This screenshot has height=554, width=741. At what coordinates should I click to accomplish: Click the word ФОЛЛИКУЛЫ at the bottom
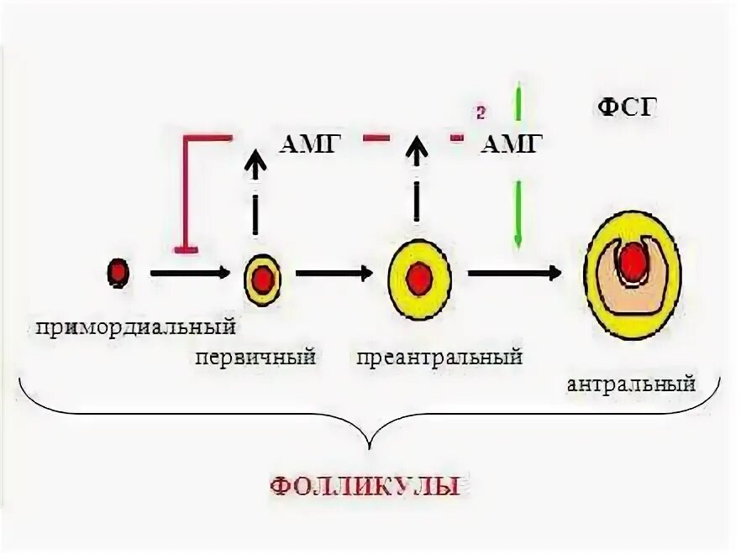365,484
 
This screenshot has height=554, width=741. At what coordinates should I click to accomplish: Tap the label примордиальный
134,324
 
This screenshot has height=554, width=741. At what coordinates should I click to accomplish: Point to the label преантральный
439,358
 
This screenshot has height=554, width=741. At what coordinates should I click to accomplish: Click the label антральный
631,384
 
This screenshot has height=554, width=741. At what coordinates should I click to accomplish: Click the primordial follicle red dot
118,272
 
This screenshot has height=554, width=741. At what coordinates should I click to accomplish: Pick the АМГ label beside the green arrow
511,144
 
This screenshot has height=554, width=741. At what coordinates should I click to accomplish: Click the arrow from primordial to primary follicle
189,273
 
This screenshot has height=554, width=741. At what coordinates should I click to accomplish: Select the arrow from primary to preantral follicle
334,273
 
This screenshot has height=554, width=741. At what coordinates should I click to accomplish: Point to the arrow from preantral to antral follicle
514,273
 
